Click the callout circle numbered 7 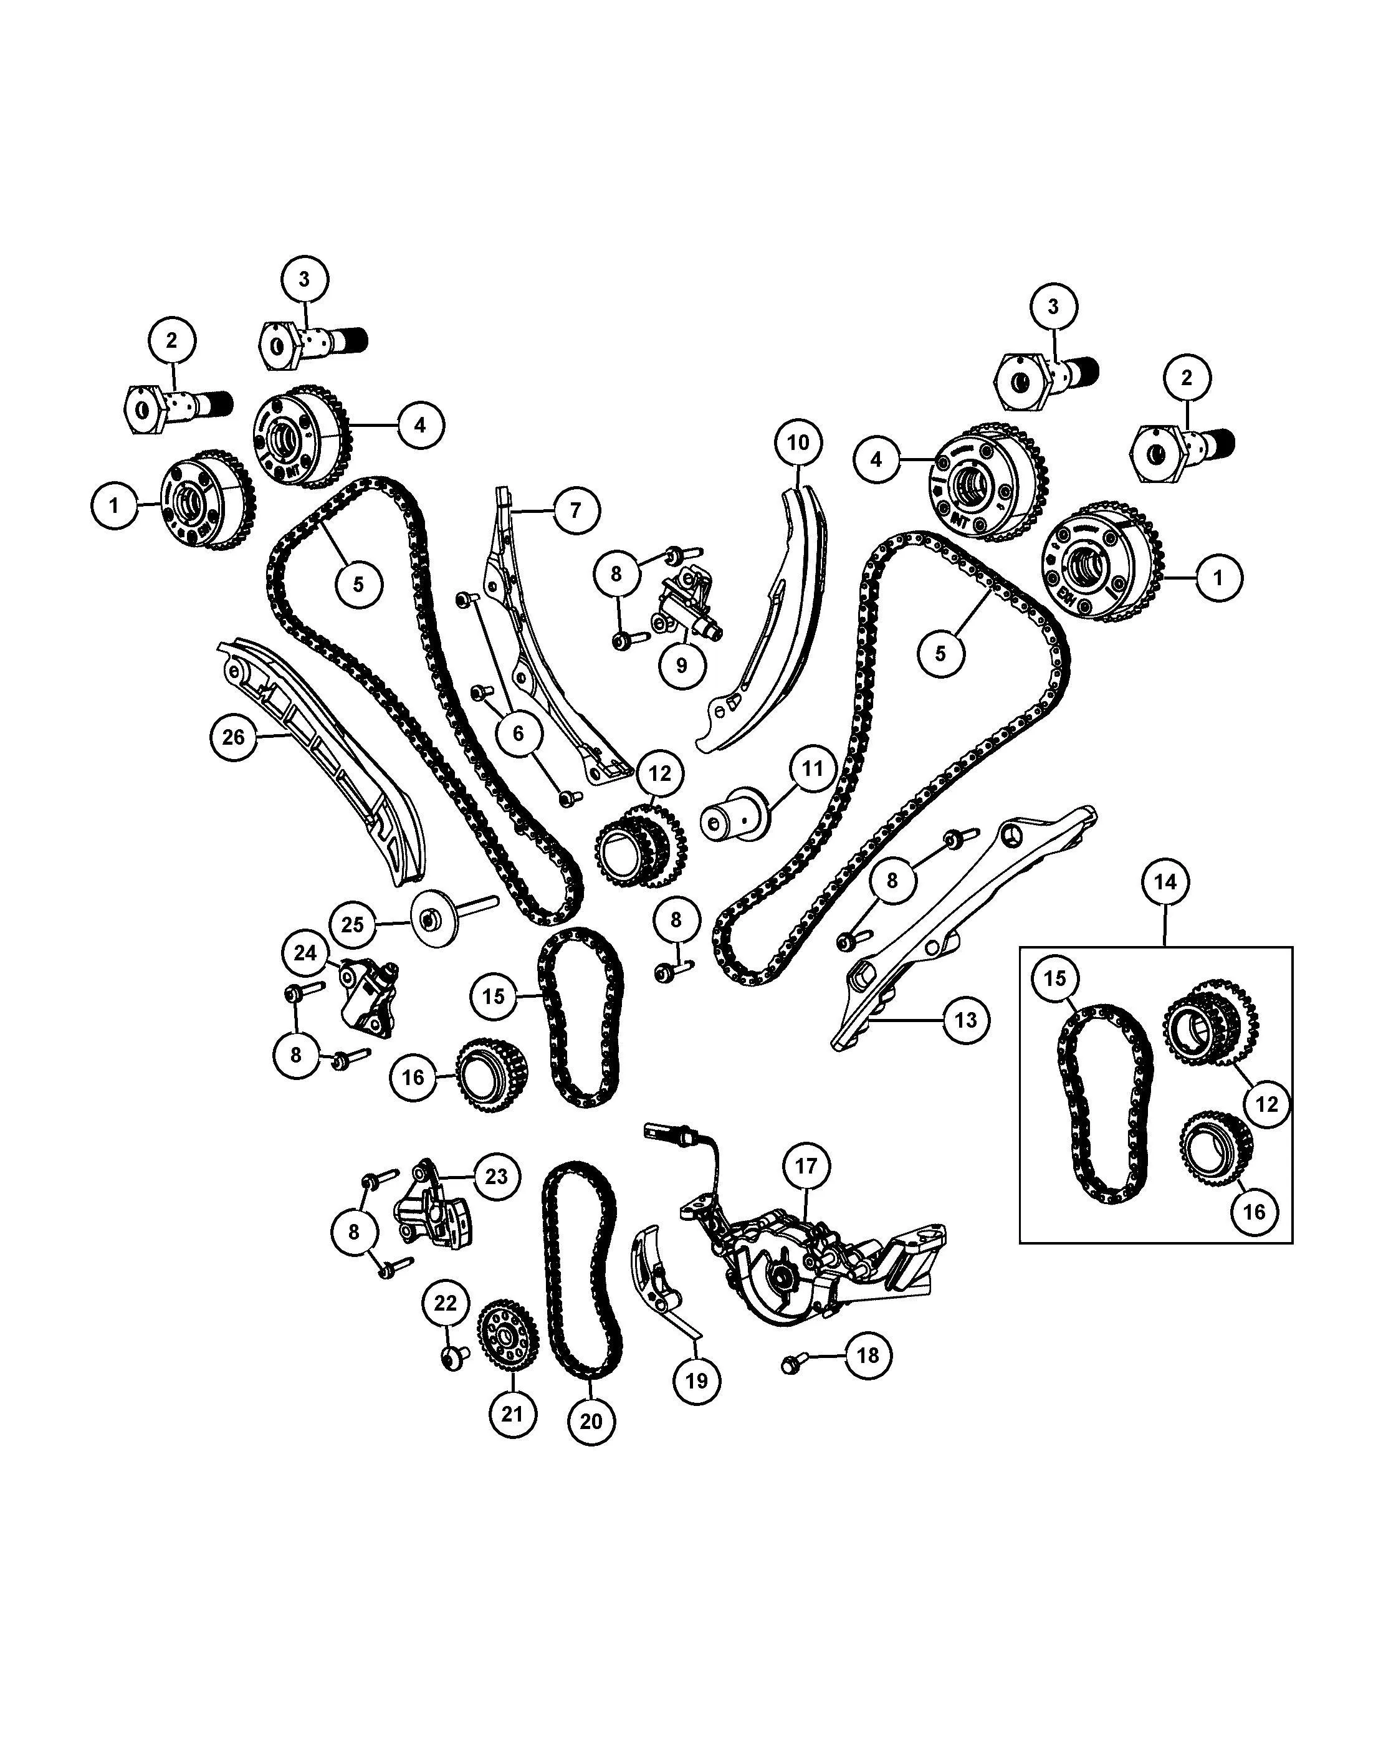point(575,510)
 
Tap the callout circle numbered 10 point(798,442)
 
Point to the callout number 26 point(233,737)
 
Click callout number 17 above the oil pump point(806,1166)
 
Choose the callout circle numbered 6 point(518,734)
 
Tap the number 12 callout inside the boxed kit point(1266,1104)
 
